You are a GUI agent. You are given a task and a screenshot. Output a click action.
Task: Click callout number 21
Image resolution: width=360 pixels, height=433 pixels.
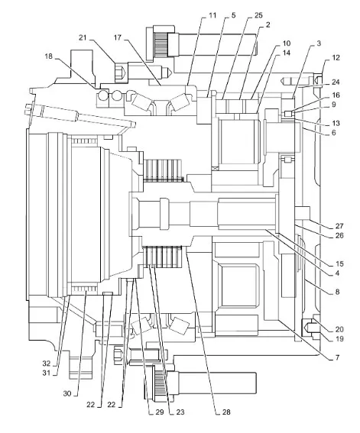(x=83, y=37)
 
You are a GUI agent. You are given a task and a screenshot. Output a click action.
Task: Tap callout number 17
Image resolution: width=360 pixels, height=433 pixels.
(x=118, y=37)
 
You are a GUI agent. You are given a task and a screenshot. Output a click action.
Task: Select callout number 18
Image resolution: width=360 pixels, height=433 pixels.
(x=49, y=57)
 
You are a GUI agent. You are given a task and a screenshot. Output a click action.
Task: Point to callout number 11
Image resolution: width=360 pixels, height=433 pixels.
(x=212, y=15)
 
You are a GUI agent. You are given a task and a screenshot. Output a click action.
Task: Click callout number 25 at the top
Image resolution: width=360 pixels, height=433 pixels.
(x=258, y=15)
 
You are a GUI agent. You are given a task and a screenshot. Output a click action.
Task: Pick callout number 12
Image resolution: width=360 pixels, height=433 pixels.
(x=336, y=58)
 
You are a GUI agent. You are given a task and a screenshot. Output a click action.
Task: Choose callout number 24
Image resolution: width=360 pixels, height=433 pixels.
(x=336, y=82)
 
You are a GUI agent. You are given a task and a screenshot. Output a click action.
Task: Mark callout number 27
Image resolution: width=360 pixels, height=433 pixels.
(x=339, y=226)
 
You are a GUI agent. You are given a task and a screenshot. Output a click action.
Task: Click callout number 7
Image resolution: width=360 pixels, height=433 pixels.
(x=337, y=357)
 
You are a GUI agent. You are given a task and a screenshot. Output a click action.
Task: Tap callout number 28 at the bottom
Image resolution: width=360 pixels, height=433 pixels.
(x=226, y=412)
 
